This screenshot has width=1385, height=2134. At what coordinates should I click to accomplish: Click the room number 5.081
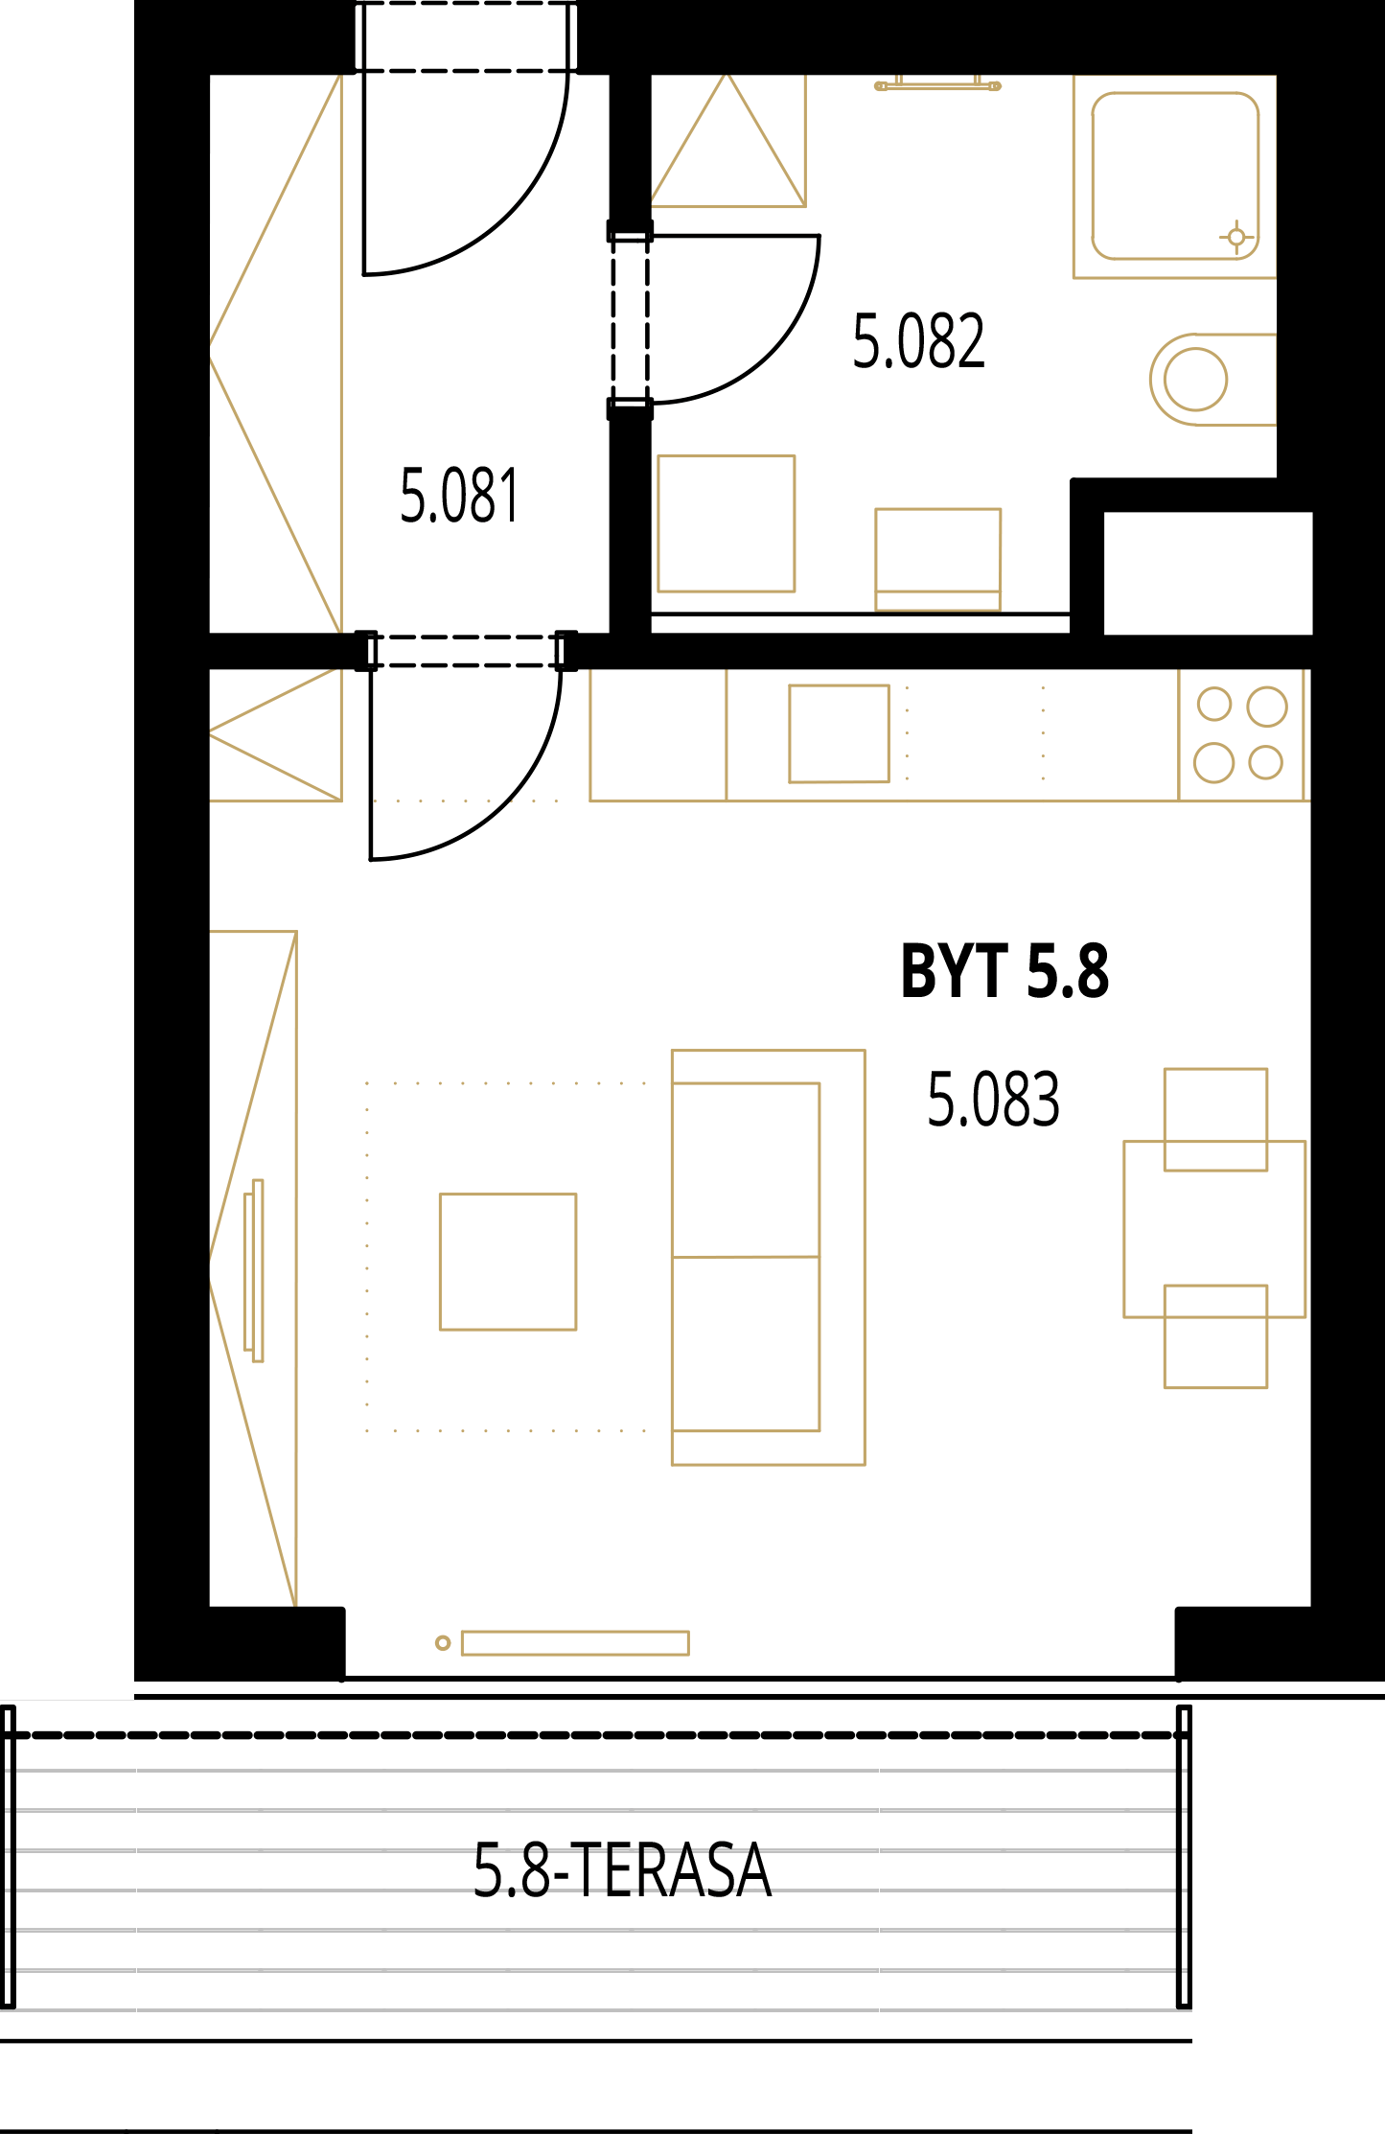point(459,496)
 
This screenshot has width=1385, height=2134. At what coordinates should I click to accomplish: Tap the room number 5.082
point(918,341)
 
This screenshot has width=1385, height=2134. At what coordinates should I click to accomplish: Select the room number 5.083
point(993,1099)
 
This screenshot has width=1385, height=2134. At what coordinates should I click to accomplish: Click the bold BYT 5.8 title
point(1004,971)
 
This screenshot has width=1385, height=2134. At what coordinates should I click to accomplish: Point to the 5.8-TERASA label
point(622,1870)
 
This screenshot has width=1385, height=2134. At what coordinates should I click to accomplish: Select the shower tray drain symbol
point(1236,236)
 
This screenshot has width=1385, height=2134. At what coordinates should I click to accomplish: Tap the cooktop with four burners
point(1241,734)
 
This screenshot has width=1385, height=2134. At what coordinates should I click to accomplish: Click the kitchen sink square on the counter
point(839,733)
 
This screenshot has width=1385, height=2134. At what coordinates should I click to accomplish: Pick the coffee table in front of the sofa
point(508,1262)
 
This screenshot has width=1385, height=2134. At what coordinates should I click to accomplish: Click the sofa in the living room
point(769,1258)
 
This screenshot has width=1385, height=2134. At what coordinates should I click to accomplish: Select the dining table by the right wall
point(1214,1229)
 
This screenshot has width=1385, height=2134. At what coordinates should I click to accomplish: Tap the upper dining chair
point(1215,1120)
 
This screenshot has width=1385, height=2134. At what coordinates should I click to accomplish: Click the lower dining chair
point(1215,1336)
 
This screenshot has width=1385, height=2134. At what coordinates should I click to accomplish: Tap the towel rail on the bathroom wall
point(937,85)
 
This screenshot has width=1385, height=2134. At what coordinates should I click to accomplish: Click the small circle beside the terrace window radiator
point(443,1643)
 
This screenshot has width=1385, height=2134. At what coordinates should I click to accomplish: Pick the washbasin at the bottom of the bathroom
point(937,560)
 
